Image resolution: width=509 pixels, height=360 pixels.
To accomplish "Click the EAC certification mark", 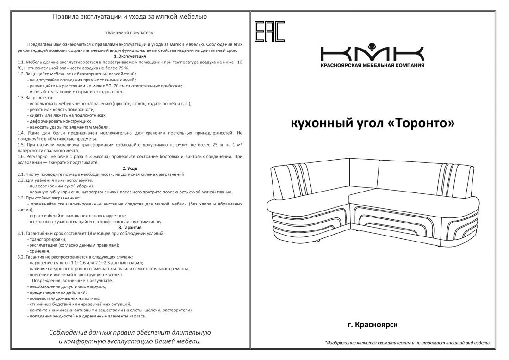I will [270, 31].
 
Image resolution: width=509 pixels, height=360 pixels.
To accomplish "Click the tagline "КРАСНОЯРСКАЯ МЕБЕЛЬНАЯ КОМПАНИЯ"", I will [372, 65].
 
